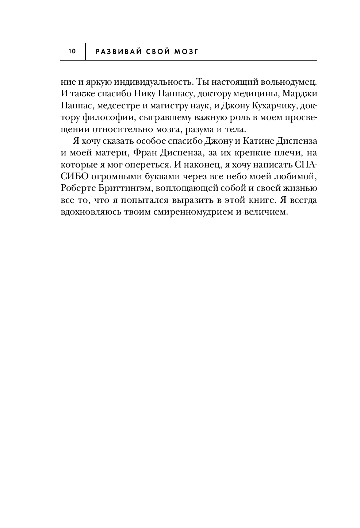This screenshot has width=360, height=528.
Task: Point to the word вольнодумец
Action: click(x=285, y=81)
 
